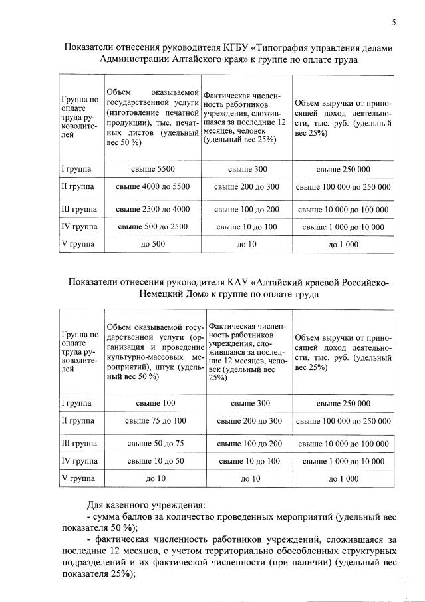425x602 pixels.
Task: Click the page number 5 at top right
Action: pos(394,23)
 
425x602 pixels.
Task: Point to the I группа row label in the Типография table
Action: pos(77,170)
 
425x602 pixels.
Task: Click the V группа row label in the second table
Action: pos(77,478)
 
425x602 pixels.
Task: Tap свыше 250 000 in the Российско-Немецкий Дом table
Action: pos(343,403)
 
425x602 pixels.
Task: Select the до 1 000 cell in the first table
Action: pos(343,244)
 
